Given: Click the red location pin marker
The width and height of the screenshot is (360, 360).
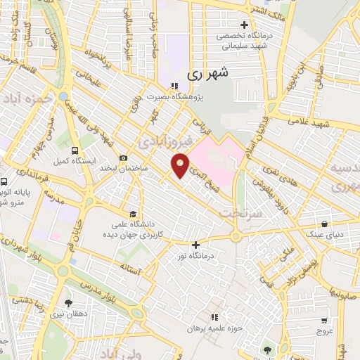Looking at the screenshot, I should (x=180, y=166).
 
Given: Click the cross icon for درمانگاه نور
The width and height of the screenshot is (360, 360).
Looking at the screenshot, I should (x=196, y=245).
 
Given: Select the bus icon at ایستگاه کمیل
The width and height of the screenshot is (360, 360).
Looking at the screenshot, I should (x=75, y=150).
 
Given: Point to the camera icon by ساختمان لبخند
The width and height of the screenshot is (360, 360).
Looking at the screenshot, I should (x=124, y=157).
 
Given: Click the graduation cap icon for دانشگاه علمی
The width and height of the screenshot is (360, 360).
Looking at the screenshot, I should (x=133, y=214).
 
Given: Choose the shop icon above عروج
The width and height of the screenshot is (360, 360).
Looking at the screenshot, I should (x=324, y=319).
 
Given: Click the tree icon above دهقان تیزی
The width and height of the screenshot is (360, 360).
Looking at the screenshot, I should (x=68, y=302).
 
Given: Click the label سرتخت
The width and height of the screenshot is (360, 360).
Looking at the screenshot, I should (x=235, y=212).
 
